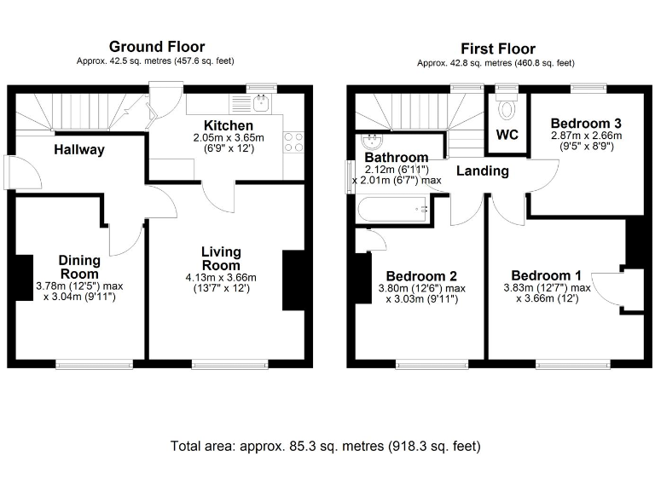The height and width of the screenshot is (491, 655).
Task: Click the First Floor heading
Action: [498, 49]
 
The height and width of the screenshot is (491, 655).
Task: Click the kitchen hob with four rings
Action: [294, 142]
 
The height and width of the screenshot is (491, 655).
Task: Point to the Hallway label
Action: [79, 150]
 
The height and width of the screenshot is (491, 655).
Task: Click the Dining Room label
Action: [79, 267]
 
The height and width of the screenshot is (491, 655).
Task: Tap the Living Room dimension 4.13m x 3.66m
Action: [221, 277]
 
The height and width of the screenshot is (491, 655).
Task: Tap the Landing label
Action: [483, 170]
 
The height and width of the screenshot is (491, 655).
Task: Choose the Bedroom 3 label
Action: [585, 123]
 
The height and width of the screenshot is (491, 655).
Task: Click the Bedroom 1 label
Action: [547, 275]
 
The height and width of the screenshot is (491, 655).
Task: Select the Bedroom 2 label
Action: [421, 276]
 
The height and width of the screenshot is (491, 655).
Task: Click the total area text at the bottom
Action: [326, 446]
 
